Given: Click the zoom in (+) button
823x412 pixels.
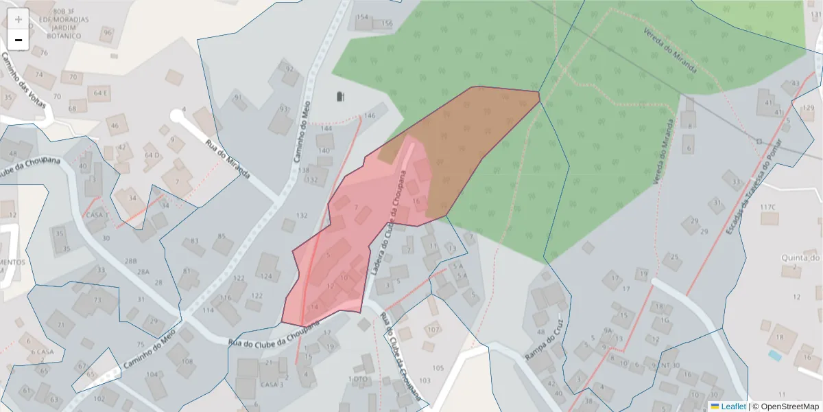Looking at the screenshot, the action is [18, 19].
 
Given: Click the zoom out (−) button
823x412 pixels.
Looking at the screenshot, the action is [18, 40].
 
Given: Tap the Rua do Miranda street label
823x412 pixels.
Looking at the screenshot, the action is [227, 157].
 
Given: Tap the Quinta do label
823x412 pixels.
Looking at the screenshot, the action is [800, 257].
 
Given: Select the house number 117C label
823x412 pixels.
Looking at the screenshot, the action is [767, 207].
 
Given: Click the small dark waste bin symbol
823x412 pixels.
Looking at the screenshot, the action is [341, 96].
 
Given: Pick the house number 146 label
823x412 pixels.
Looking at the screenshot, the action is [370, 115].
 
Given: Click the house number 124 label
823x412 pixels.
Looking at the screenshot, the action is [266, 277].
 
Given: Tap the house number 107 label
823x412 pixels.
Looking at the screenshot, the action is [432, 330].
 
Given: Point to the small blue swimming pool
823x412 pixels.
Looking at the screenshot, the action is [774, 356].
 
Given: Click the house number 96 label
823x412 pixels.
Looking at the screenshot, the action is [107, 32].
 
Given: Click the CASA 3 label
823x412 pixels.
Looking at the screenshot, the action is [272, 385].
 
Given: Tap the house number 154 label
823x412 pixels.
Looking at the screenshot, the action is [363, 17].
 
